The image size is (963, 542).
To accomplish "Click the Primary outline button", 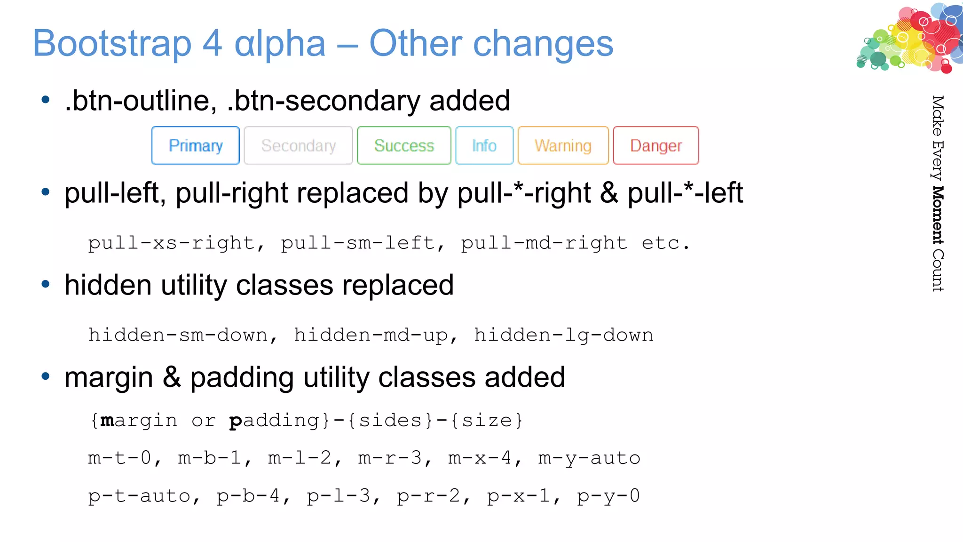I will point(195,146).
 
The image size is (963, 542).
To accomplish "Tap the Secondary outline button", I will point(298,146).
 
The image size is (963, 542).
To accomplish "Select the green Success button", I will point(404,146).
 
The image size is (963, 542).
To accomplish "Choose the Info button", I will point(484,146).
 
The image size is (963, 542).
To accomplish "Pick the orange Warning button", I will point(563,146).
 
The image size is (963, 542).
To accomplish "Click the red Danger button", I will point(656,146).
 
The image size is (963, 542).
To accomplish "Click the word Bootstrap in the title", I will point(112,44).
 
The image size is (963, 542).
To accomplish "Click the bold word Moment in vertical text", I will point(938,215).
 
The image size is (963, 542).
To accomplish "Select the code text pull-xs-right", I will point(172,243).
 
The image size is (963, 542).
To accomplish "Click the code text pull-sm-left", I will point(358,243).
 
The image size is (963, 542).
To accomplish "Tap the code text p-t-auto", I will point(140,496).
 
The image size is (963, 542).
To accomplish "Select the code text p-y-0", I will point(608,496).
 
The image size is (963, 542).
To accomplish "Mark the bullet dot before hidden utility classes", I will point(46,284).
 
